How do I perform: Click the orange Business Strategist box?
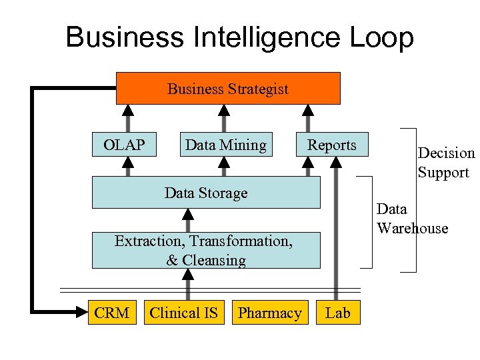[228, 89]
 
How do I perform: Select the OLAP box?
[124, 145]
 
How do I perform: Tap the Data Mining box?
[225, 145]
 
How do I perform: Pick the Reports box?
[331, 145]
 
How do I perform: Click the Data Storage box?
[205, 193]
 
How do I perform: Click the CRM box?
[111, 313]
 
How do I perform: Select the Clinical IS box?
[183, 313]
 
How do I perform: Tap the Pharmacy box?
[269, 313]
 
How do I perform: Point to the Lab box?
[337, 313]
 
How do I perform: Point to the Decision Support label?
[446, 163]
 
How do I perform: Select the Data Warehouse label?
[411, 218]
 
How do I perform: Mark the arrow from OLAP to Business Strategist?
[127, 119]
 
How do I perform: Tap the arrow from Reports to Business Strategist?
[308, 119]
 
